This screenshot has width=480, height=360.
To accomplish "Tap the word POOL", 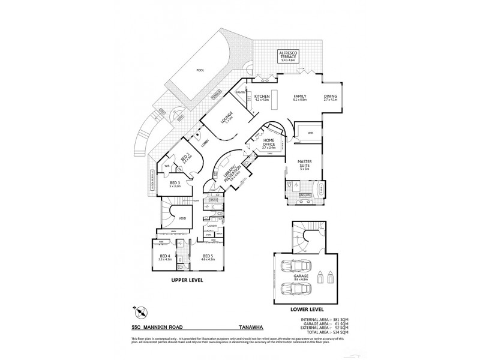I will [x=200, y=70].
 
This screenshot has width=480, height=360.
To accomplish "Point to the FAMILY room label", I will [x=299, y=97].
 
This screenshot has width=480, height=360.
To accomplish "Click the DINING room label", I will [x=331, y=97].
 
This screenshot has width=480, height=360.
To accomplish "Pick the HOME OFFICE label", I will [x=269, y=143].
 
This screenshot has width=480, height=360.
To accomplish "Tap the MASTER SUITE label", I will [x=299, y=164].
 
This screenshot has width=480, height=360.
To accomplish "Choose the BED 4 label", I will [x=164, y=257].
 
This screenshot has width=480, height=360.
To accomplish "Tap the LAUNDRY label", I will [x=212, y=226].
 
